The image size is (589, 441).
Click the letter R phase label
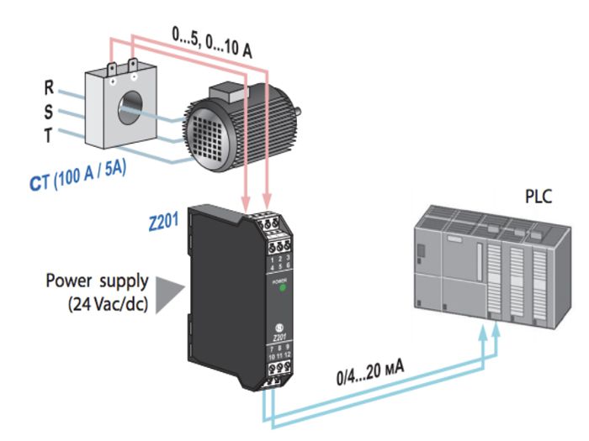[50, 86]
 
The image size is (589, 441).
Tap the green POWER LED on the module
[284, 288]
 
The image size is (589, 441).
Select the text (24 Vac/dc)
[105, 302]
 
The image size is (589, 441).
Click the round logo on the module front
[280, 326]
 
